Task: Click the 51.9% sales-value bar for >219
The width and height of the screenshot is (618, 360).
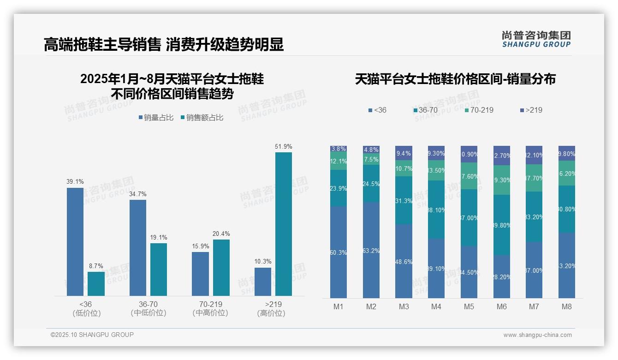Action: point(284,224)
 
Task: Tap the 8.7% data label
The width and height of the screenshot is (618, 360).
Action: point(96,266)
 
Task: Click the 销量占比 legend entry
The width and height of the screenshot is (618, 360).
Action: point(156,118)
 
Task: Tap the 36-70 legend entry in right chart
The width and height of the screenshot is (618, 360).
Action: point(425,110)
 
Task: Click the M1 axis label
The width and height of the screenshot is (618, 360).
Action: point(338,306)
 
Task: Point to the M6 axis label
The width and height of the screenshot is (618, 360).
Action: point(502,306)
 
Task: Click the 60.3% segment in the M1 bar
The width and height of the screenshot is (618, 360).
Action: point(338,252)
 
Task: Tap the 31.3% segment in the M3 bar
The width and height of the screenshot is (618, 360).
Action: point(404,200)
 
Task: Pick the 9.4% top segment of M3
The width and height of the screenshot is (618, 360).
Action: point(404,153)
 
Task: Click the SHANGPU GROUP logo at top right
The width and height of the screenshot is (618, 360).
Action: point(536,39)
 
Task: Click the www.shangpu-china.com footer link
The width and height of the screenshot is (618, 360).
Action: point(537,335)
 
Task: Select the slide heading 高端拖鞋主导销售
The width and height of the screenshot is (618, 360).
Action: point(102,44)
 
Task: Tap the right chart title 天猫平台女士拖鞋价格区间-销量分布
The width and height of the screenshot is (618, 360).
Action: point(455,79)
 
